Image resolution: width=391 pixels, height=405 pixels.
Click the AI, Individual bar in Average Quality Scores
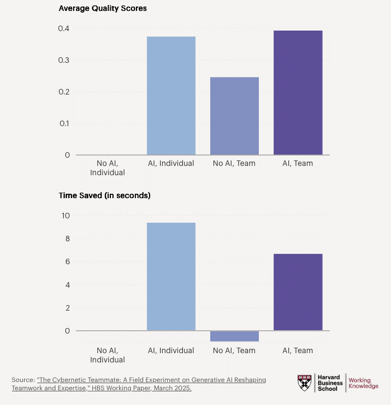point(171,96)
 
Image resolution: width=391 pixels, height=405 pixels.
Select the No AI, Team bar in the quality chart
point(234,116)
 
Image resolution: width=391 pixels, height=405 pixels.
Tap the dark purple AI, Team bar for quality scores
point(298,92)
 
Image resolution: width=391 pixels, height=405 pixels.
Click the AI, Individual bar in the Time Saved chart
point(171,276)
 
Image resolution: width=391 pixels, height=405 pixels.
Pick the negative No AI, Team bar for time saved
point(234,336)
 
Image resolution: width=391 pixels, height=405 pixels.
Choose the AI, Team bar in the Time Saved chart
point(298,292)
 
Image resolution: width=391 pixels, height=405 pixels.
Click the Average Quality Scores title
point(103,8)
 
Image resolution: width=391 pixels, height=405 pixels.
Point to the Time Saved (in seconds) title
point(105,195)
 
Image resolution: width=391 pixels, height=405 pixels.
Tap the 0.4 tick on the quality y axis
point(64,28)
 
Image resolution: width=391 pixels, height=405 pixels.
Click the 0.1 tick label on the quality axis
point(64,123)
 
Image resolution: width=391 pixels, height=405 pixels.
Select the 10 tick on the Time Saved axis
point(65,216)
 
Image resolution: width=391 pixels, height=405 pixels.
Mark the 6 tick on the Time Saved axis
point(67,261)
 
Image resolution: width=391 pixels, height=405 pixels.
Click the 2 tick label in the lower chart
point(67,308)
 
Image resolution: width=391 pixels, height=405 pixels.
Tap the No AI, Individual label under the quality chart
point(108,168)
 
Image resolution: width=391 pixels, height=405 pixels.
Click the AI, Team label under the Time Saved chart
point(298,350)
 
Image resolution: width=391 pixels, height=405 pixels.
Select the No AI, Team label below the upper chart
point(234,163)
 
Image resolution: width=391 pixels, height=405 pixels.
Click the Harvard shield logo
point(305,383)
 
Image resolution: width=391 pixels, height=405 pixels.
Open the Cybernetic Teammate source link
point(151,384)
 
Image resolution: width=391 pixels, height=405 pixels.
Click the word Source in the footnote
point(23,379)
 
